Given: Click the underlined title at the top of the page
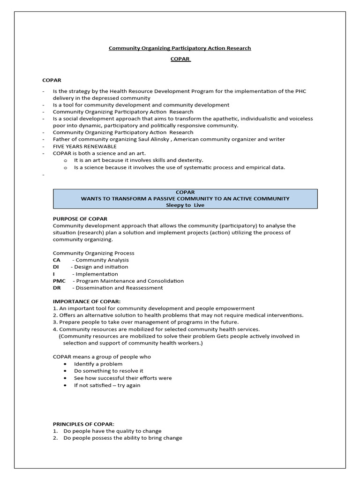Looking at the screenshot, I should coord(180,48).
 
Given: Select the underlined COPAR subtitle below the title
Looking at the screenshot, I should coord(180,60).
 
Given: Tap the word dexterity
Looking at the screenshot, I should coord(188,160).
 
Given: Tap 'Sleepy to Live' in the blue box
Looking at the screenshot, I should coord(185,205).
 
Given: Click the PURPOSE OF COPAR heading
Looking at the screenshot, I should coord(80,219).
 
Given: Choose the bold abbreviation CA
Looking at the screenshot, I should coord(56,260).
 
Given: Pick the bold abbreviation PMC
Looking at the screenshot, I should coord(59,281).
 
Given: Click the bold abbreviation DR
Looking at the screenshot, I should coord(57,288).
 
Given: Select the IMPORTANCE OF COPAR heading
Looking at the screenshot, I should coord(87,301).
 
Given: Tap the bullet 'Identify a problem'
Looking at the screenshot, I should coord(98,364).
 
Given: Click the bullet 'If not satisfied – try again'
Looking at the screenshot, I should coord(107,385).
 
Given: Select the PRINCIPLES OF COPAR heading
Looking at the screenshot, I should coord(83,424).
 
